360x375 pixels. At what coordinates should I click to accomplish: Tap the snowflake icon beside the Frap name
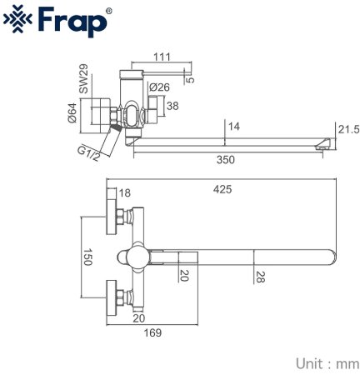point(22,22)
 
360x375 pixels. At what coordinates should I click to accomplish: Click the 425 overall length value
point(222,189)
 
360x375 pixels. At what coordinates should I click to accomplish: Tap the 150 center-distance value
point(86,257)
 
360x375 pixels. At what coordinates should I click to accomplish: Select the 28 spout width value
point(261,275)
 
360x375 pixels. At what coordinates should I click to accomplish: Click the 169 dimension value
point(151,332)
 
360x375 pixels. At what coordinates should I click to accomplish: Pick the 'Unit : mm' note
point(326,362)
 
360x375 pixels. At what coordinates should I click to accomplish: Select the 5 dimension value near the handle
point(191,79)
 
